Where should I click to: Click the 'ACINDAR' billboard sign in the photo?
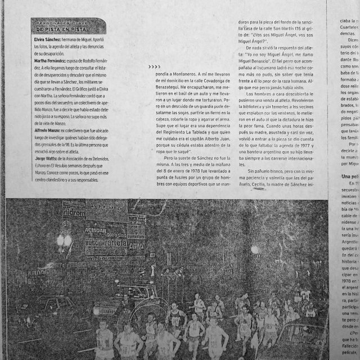pos(96,229)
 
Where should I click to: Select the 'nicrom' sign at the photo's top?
pos(74,212)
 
